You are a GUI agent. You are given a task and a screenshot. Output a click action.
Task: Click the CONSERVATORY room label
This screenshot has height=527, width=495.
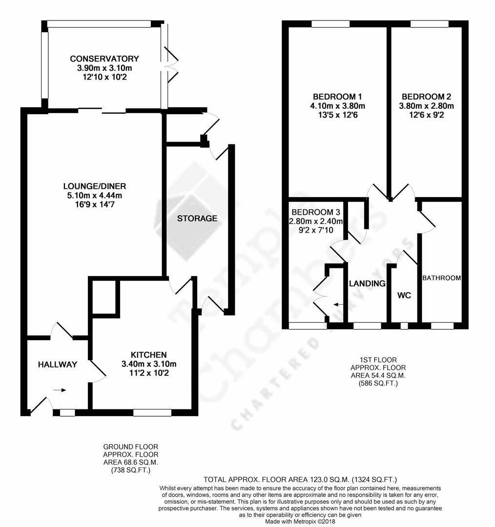[104, 59]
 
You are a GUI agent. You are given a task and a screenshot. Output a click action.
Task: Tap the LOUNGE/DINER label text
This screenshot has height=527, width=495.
[95, 186]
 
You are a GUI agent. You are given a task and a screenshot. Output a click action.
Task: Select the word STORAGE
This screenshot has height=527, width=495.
[197, 218]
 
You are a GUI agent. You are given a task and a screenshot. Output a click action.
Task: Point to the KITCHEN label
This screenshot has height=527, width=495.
[149, 355]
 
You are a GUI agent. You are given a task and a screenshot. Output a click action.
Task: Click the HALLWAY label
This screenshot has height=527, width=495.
[58, 365]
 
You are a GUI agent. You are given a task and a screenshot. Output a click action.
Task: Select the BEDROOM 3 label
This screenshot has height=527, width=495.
[316, 213]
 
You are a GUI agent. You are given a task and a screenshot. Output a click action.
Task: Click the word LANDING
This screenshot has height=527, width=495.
[367, 284]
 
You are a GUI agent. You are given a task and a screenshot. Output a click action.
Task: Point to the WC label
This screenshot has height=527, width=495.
[403, 295]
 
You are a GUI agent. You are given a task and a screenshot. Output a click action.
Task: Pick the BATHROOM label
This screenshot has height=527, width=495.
[441, 278]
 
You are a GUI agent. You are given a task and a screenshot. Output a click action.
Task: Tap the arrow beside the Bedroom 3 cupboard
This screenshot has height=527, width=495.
[338, 304]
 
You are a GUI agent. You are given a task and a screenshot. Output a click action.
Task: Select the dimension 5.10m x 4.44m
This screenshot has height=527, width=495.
[95, 195]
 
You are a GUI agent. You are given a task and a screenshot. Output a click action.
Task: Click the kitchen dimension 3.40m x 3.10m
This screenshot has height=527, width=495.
[149, 364]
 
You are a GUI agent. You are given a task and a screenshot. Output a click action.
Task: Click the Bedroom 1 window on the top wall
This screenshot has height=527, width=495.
[328, 23]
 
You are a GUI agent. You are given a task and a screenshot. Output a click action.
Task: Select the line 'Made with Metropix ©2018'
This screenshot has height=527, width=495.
[300, 521]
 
